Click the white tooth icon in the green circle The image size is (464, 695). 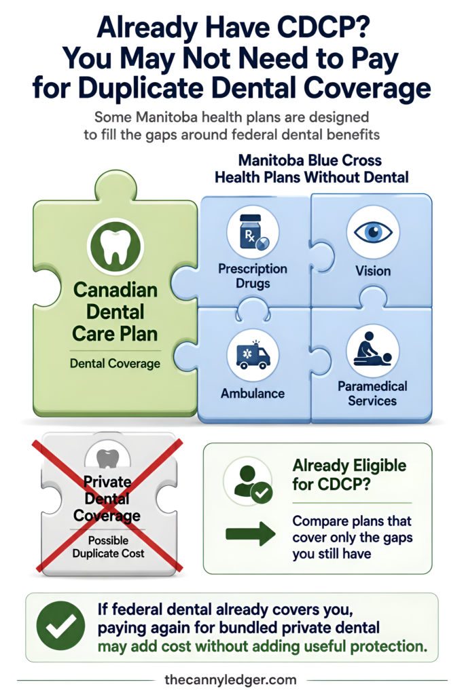115,247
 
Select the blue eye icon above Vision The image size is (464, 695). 373,232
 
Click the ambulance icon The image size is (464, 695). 253,354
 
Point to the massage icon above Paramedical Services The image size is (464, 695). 372,350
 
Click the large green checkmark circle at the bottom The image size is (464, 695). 60,626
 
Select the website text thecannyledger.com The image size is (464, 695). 230,680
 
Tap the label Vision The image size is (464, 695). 373,271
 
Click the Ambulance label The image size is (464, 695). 253,393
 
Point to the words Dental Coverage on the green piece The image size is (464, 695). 115,364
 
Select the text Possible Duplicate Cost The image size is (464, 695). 108,547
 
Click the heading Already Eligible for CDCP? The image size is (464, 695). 349,474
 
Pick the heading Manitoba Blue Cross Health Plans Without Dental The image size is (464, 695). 311,169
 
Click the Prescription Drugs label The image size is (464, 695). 253,276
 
